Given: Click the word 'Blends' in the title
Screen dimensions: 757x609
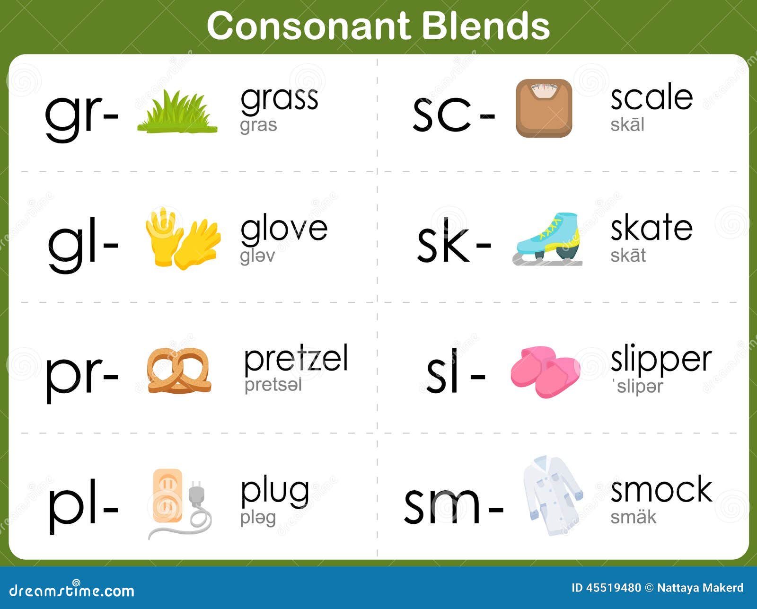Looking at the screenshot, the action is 486,26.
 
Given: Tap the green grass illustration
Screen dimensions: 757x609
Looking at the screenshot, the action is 177,111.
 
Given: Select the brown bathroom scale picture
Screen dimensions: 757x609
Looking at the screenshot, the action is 544,108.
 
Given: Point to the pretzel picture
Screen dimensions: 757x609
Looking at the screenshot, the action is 179,370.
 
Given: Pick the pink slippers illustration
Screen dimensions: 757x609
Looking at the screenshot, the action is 546,371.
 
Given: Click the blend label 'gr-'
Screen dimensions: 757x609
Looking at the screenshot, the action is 81,115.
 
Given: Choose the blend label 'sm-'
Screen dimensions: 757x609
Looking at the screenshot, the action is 454,507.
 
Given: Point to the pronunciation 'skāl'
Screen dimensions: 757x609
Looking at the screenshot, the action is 627,124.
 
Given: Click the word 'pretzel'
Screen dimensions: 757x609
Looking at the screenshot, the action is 296,358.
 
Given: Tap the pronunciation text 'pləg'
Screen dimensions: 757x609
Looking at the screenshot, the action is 258,517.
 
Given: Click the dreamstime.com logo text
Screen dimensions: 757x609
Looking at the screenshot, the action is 72,591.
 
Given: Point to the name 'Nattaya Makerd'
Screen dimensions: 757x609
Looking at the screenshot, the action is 700,588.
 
